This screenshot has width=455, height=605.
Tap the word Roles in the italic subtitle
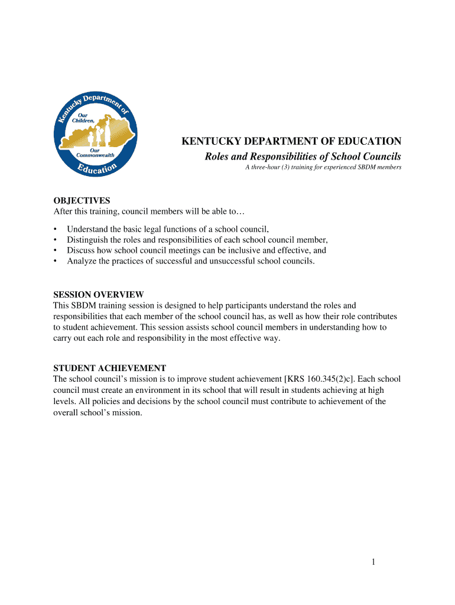coord(217,157)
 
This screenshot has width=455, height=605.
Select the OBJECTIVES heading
coord(82,201)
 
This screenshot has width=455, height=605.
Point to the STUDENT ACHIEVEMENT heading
coord(110,367)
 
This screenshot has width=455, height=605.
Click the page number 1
coord(374,562)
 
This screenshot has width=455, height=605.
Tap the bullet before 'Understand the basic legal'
coord(56,229)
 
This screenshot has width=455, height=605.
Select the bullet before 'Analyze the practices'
coord(56,261)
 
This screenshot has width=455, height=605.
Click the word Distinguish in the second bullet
coord(88,239)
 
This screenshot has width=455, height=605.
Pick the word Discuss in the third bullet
coord(81,250)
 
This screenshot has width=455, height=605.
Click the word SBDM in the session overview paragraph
coord(84,305)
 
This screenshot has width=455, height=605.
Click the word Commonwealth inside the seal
coord(95,155)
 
